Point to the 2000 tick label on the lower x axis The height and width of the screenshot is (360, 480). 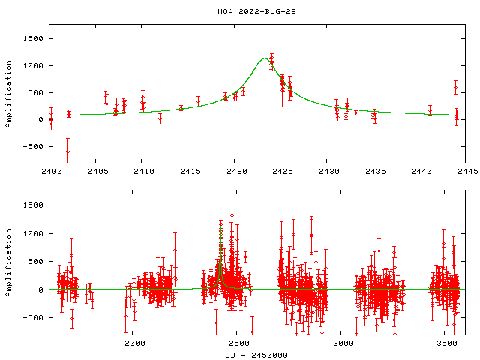tap(134, 343)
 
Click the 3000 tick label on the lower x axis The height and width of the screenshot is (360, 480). tap(341, 343)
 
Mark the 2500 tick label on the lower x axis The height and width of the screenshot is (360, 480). tap(238, 343)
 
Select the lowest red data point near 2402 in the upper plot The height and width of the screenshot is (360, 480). tap(67, 152)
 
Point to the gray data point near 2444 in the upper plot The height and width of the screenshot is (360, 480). tap(455, 88)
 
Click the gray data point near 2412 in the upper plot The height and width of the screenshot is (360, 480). tap(160, 118)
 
